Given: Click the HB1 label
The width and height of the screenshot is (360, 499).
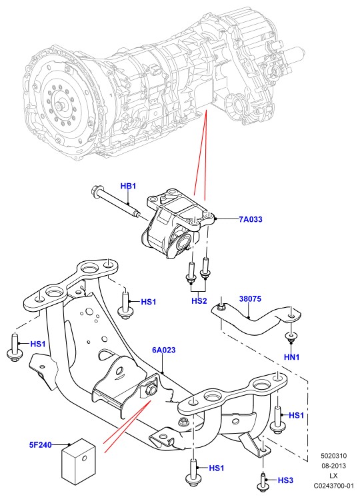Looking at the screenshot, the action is click(x=128, y=186).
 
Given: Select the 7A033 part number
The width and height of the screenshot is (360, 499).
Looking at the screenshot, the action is click(x=251, y=219).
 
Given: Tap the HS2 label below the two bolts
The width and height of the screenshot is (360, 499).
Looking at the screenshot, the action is click(x=199, y=300).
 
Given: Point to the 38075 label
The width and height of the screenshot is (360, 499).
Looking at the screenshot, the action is click(x=250, y=299).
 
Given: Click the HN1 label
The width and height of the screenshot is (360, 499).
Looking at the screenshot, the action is click(x=291, y=357).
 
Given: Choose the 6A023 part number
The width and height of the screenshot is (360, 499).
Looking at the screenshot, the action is click(x=164, y=350).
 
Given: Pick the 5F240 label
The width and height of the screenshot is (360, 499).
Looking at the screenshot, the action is click(x=41, y=444).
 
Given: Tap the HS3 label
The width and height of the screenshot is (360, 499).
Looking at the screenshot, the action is click(x=285, y=480).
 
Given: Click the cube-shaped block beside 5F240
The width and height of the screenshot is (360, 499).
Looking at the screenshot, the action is click(x=79, y=462).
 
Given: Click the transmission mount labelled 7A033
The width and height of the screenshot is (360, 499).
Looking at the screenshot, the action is click(x=177, y=221).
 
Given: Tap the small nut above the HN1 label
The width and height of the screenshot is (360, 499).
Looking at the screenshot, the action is click(x=291, y=336).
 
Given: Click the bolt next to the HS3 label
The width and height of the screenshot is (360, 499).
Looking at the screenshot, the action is click(x=262, y=482).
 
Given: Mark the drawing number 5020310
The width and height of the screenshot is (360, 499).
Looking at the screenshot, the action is click(x=333, y=456).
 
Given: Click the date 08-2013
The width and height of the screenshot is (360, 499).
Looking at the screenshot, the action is click(x=333, y=466).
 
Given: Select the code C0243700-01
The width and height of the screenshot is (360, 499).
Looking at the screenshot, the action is click(x=333, y=486).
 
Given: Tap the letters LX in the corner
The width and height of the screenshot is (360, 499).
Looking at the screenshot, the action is click(x=333, y=476).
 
